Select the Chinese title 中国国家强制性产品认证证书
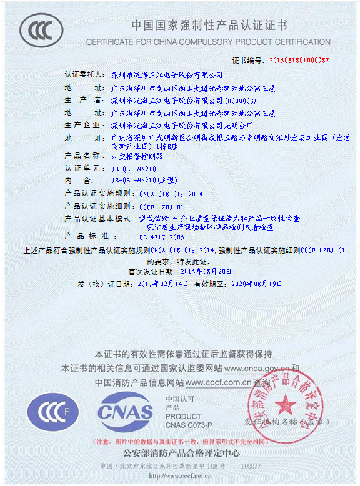coord(209,26)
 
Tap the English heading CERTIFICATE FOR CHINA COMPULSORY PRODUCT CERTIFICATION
coord(208,42)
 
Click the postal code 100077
coord(251,466)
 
